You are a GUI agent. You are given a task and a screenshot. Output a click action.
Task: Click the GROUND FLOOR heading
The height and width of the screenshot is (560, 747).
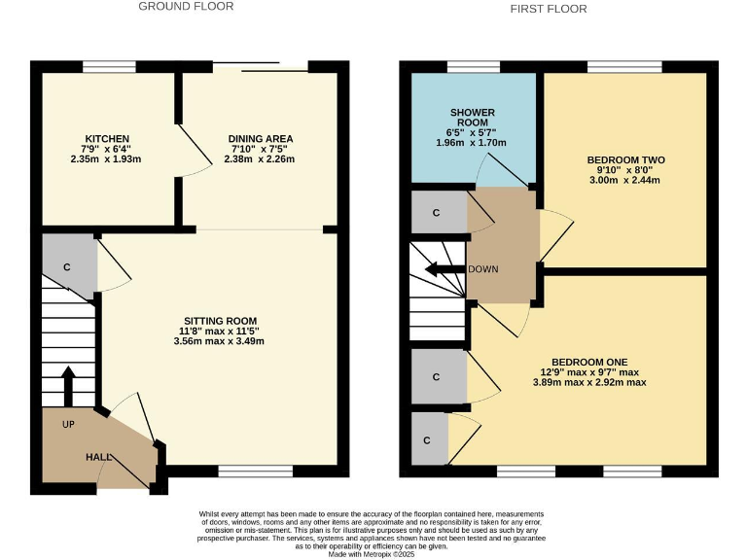point(186,6)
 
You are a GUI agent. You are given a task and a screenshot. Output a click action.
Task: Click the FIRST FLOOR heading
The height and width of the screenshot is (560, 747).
point(549,9)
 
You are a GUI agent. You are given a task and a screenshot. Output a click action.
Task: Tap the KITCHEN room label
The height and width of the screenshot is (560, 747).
point(107,139)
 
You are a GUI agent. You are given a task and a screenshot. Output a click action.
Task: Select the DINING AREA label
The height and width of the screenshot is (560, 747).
point(260,139)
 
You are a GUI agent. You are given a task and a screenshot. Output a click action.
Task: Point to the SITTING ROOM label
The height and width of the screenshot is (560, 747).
point(221,321)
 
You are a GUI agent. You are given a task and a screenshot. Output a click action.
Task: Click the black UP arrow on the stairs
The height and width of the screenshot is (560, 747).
point(68,386)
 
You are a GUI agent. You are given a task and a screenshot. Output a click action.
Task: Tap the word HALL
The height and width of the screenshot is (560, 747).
point(98,457)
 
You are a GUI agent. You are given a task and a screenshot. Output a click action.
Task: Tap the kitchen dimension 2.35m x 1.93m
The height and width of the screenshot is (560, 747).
point(107,159)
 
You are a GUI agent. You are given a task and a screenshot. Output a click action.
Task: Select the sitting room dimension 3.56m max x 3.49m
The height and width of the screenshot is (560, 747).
point(220,341)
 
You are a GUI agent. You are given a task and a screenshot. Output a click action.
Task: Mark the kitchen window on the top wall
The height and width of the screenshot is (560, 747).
point(109,67)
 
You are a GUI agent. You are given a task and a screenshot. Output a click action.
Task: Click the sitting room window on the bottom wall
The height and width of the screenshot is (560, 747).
point(255,472)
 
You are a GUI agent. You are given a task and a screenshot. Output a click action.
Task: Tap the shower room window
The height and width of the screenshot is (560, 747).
point(474,67)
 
